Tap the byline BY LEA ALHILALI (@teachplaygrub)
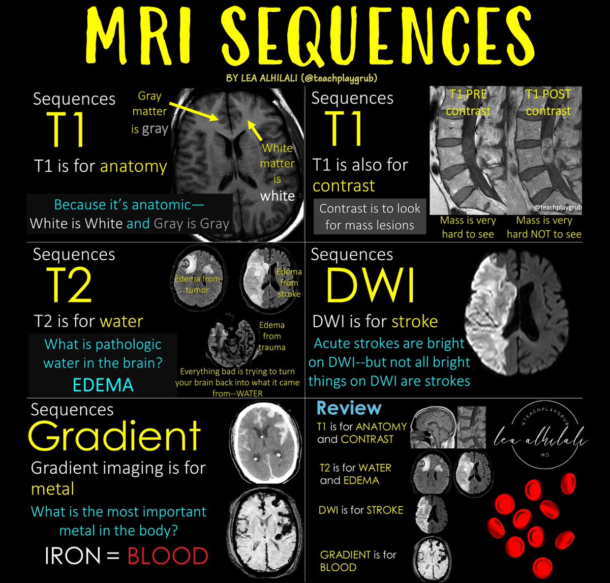(305, 79)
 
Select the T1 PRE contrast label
(468, 102)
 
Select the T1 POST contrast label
(548, 102)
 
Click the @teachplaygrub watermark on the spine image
(557, 207)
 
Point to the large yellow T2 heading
(69, 286)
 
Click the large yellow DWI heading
(370, 286)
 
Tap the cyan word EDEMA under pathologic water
(103, 385)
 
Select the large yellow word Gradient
(114, 436)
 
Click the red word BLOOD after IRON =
(168, 556)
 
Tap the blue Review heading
(349, 408)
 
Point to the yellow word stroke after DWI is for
(415, 321)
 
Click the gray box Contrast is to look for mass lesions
(370, 217)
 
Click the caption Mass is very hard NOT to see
(544, 227)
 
